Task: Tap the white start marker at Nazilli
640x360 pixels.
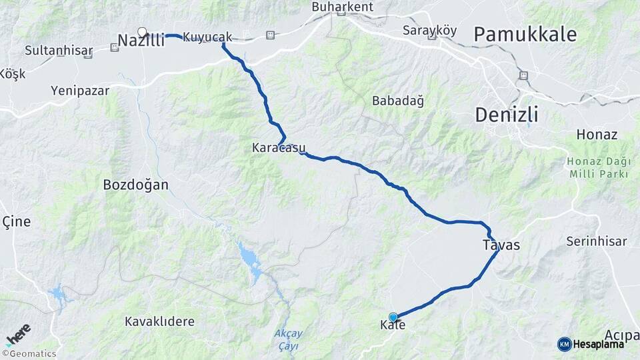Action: pyautogui.click(x=141, y=31)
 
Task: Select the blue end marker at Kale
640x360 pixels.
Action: pyautogui.click(x=393, y=317)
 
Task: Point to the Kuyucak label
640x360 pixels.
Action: pyautogui.click(x=207, y=37)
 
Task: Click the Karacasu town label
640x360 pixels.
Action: pyautogui.click(x=279, y=147)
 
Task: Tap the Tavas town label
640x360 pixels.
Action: pyautogui.click(x=501, y=245)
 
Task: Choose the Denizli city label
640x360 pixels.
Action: pyautogui.click(x=506, y=115)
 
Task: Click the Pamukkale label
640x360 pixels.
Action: pyautogui.click(x=525, y=35)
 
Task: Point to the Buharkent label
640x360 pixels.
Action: pyautogui.click(x=343, y=7)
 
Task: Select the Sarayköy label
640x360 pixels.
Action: pyautogui.click(x=430, y=30)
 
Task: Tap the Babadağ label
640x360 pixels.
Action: pyautogui.click(x=398, y=101)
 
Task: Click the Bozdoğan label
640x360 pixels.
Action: pyautogui.click(x=136, y=185)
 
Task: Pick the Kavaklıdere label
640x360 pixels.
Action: pyautogui.click(x=160, y=321)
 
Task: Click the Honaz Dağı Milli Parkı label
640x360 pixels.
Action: pyautogui.click(x=598, y=167)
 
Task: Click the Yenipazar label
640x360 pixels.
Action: pyautogui.click(x=79, y=90)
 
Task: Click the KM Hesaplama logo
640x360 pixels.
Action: pyautogui.click(x=591, y=344)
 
